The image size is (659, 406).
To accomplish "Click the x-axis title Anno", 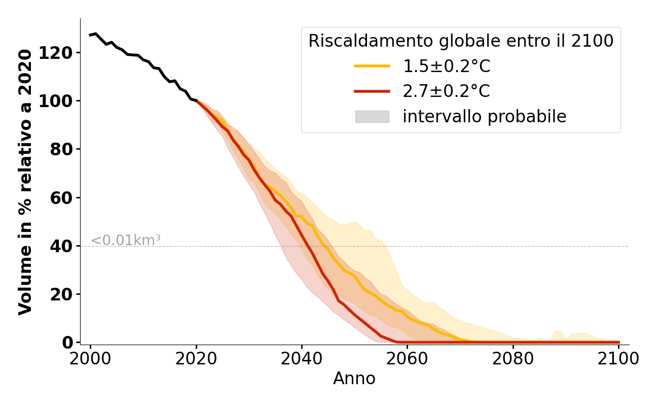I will pyautogui.click(x=354, y=379).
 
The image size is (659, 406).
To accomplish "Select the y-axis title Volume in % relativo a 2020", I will pyautogui.click(x=25, y=182).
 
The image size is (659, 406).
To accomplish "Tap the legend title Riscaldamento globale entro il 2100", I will pyautogui.click(x=461, y=41).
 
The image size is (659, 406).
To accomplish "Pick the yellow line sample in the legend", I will pyautogui.click(x=372, y=66).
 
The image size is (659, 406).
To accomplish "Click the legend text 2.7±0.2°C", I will pyautogui.click(x=446, y=91).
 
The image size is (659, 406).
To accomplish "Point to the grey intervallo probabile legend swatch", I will pyautogui.click(x=372, y=117).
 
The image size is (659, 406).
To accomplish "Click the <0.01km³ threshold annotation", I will pyautogui.click(x=126, y=241).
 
